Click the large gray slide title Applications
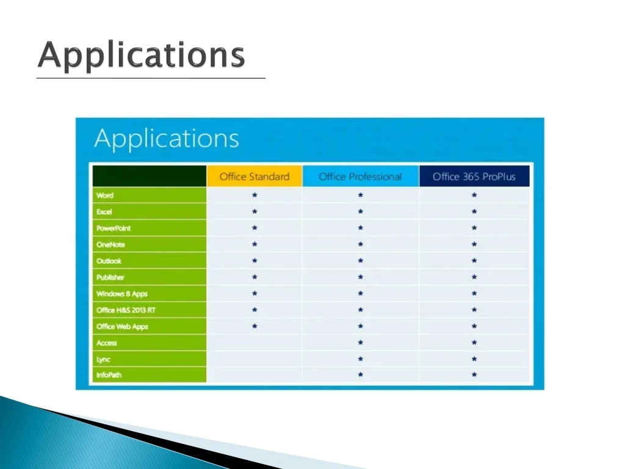[142, 55]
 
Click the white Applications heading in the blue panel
[167, 139]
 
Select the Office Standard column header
[255, 176]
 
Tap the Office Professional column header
[360, 176]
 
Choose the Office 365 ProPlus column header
[474, 176]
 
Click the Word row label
[105, 195]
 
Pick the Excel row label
[104, 212]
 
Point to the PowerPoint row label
[114, 228]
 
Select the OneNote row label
[110, 244]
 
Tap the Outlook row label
[109, 261]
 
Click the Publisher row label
[110, 277]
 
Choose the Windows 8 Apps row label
[122, 294]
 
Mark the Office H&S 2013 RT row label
[126, 310]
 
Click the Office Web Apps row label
[122, 327]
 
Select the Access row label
[106, 343]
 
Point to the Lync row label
[103, 359]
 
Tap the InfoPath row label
[109, 375]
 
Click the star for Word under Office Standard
[255, 195]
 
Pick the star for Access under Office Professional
[360, 342]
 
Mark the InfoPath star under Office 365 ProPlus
[474, 374]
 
